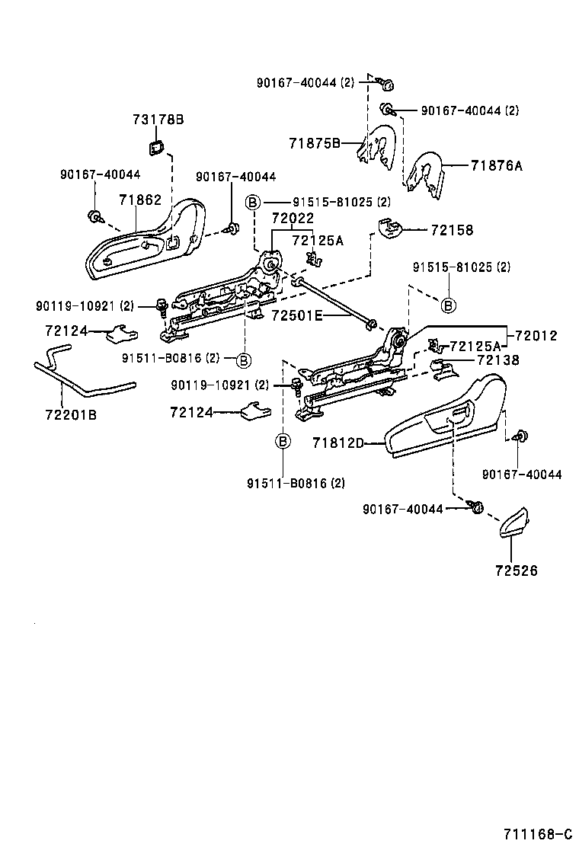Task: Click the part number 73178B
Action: coord(158,119)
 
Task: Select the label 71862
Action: coord(140,200)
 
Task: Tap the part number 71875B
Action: coord(315,143)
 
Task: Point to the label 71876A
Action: coord(497,165)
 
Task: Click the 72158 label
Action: coord(452,230)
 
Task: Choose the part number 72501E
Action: coord(296,315)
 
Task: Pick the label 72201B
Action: coord(72,415)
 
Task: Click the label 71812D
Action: coord(338,443)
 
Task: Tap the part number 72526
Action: coord(517,571)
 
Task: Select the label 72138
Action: coord(498,360)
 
